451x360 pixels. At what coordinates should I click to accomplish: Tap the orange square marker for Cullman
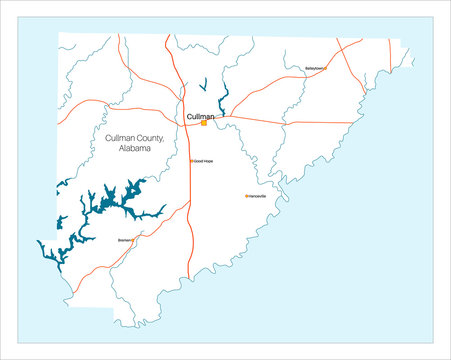pos(204,123)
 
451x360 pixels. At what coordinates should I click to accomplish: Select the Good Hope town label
pos(204,161)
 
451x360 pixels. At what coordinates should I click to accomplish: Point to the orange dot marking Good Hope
pos(192,161)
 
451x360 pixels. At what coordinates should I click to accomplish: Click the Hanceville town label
pos(258,196)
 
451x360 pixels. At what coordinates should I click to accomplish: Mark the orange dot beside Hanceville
pos(246,196)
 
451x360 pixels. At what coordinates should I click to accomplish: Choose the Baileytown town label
pos(314,68)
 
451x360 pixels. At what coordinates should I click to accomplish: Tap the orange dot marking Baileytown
pos(326,68)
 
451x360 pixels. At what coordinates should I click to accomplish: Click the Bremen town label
pos(125,240)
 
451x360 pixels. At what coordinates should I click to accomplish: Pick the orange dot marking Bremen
pos(133,240)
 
